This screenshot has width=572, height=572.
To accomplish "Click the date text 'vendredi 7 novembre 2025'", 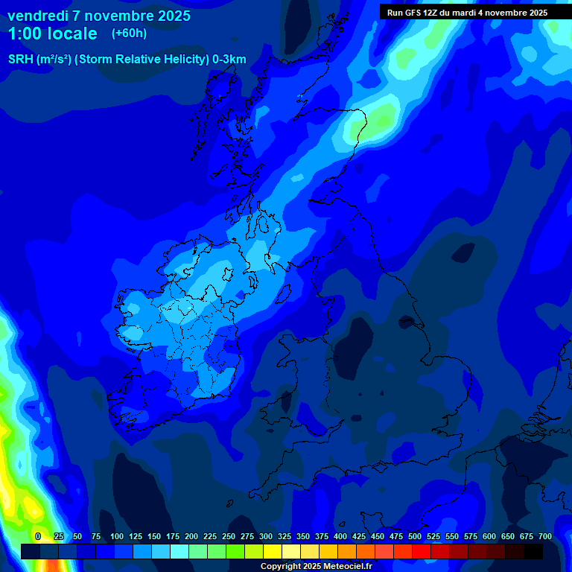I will click(99, 16).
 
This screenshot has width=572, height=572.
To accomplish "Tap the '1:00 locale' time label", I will click(52, 34).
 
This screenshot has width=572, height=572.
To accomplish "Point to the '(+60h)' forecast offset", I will click(129, 34).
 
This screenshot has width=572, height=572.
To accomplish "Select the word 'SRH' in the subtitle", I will click(20, 60).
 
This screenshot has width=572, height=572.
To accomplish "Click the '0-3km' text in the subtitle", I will click(229, 60).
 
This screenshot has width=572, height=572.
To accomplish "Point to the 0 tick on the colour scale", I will click(38, 536).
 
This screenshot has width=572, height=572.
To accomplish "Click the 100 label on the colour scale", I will click(117, 536).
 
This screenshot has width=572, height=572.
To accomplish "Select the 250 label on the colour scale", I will click(229, 536).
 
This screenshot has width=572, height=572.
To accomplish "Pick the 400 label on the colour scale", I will click(340, 536).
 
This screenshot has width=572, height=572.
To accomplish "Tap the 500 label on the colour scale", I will click(415, 536).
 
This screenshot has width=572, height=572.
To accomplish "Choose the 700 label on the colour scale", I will click(545, 536).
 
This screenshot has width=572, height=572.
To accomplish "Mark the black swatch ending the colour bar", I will click(533, 551).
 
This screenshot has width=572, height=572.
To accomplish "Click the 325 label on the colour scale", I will click(285, 536).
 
